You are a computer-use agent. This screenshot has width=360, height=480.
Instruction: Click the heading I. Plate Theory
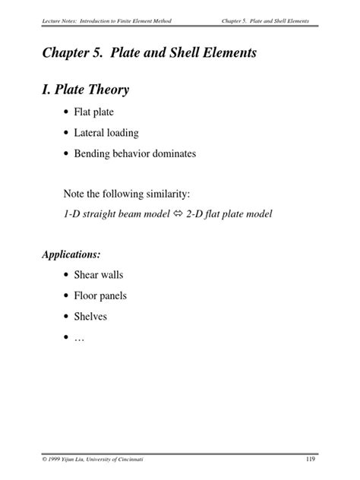click(86, 90)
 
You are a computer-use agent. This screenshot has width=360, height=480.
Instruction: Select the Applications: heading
click(71, 254)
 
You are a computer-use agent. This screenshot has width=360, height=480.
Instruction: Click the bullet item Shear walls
click(99, 273)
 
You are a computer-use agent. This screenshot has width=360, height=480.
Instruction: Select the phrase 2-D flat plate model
click(223, 213)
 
